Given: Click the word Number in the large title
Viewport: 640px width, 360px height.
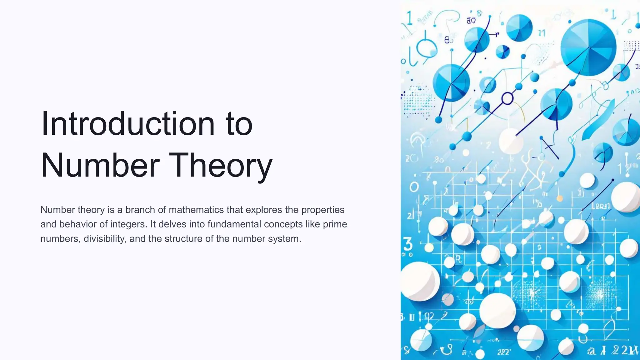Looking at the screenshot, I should click(x=100, y=165).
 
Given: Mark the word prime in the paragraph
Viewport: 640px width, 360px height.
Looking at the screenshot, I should click(x=335, y=224).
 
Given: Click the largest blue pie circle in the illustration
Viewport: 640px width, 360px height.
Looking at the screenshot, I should click(x=588, y=47).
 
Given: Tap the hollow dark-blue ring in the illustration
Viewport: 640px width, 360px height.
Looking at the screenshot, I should click(x=507, y=99).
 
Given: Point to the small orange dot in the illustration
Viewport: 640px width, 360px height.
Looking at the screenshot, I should click(x=560, y=198).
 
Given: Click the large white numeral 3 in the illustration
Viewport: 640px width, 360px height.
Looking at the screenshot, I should click(x=407, y=244).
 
